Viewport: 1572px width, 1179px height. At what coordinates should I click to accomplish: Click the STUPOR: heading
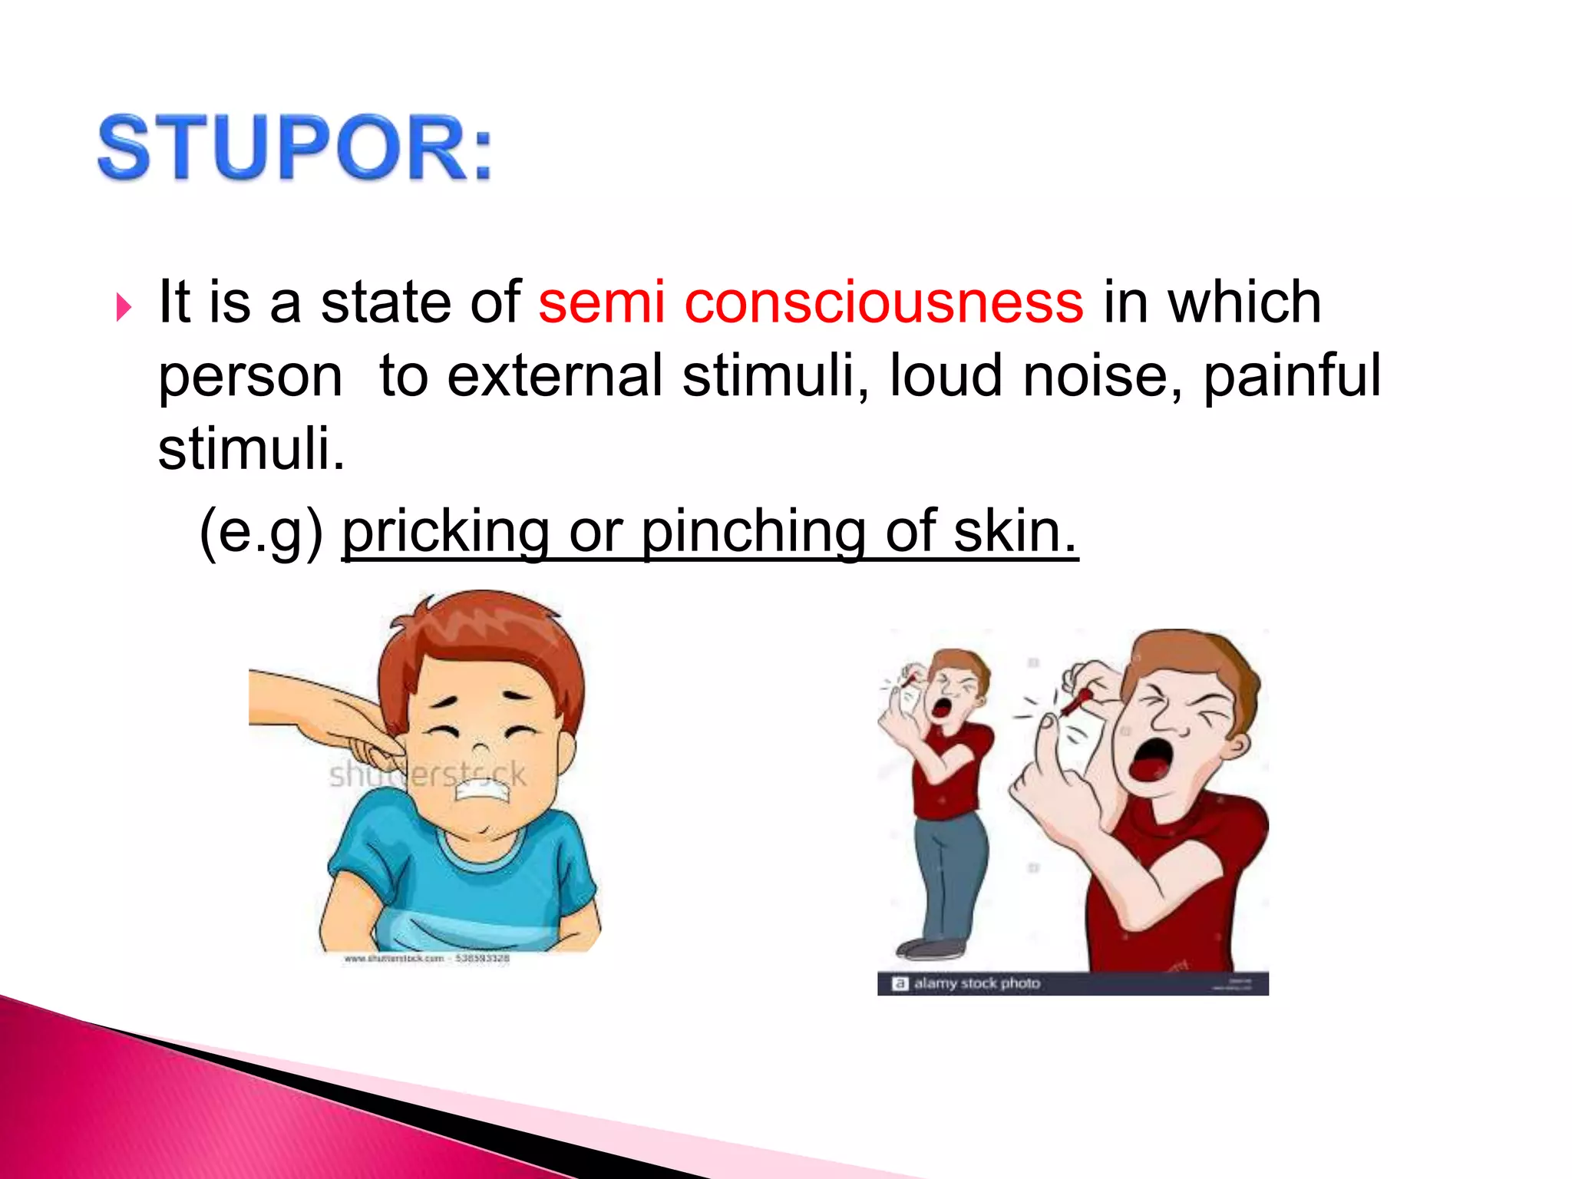click(x=296, y=147)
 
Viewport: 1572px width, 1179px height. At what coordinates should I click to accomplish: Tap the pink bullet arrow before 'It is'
click(x=124, y=307)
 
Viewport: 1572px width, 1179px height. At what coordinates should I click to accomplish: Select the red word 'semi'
click(x=601, y=302)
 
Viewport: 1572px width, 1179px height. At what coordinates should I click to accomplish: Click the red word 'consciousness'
click(x=883, y=302)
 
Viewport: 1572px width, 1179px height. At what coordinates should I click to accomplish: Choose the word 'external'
click(x=554, y=376)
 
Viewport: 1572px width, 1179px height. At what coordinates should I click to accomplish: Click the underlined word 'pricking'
click(x=445, y=531)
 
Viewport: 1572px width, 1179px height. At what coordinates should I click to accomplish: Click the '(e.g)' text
click(x=261, y=531)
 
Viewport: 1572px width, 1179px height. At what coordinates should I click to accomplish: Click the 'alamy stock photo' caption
click(x=976, y=983)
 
